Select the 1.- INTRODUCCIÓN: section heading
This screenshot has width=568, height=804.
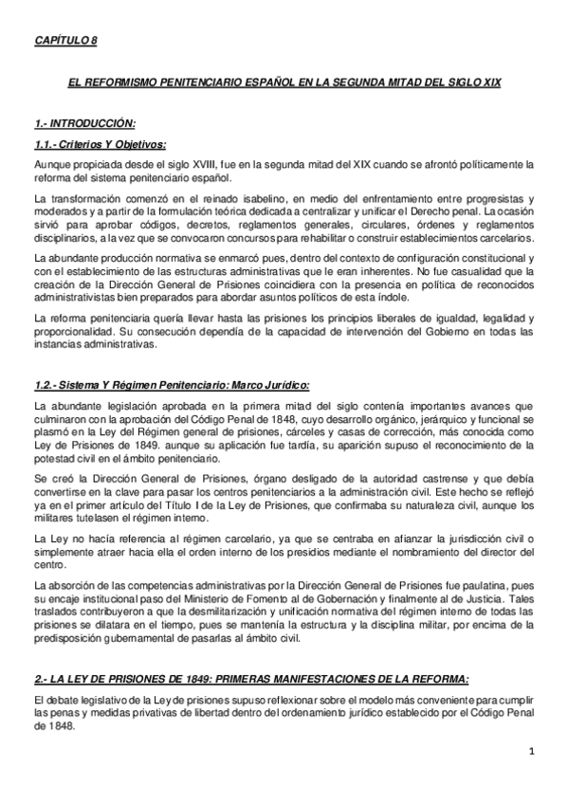point(84,124)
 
